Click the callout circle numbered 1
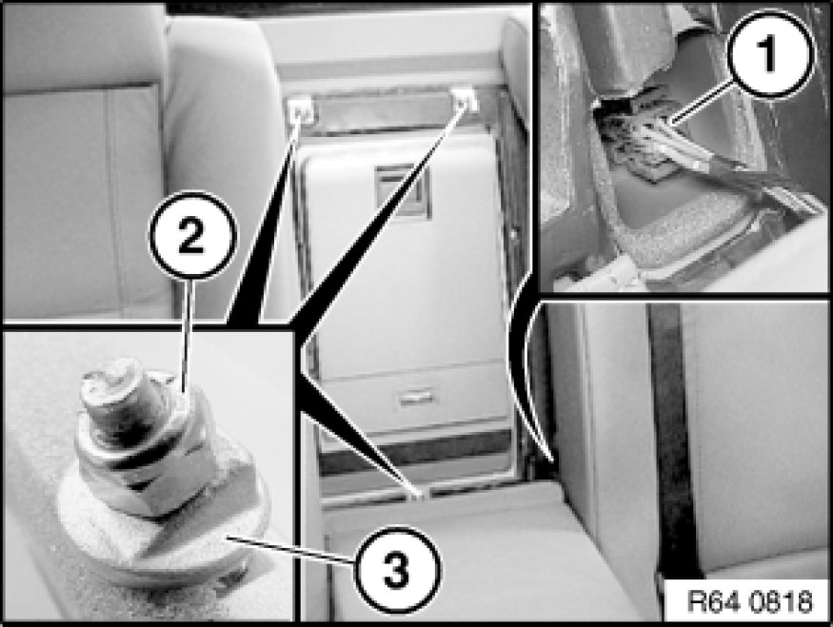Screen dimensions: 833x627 point(770,53)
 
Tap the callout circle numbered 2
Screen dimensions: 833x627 point(191,236)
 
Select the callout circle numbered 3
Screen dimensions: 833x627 point(396,569)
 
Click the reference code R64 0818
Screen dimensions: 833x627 point(749,601)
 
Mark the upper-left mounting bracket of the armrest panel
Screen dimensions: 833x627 point(301,108)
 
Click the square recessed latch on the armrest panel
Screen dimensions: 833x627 point(402,189)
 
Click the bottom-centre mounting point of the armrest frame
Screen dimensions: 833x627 point(420,495)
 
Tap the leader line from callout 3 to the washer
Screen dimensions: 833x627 point(288,551)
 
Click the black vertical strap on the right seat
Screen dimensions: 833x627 point(670,441)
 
